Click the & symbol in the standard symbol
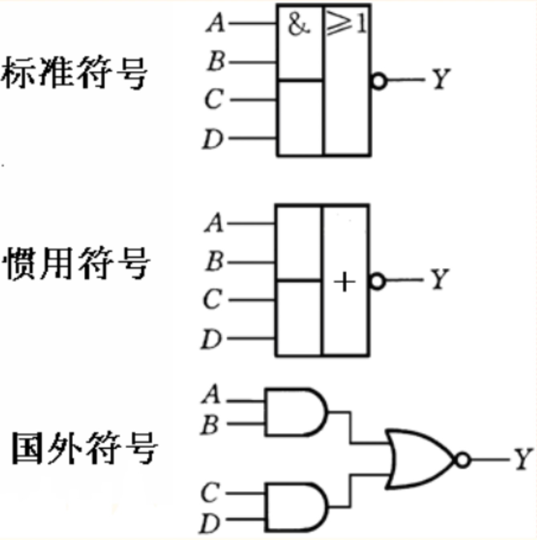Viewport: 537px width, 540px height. click(299, 25)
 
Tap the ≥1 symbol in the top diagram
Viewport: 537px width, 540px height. click(347, 23)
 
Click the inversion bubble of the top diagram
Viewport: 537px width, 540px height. click(378, 81)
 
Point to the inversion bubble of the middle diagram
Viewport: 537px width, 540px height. click(377, 281)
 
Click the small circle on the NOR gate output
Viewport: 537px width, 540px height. click(463, 459)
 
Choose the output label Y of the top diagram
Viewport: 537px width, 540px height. click(441, 79)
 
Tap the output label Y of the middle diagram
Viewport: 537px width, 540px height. click(439, 279)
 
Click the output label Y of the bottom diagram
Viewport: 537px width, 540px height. click(523, 458)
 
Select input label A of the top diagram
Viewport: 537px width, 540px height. click(216, 22)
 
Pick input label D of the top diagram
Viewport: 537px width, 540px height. click(212, 139)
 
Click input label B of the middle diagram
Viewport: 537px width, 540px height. click(214, 261)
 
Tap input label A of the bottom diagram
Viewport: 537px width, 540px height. click(211, 395)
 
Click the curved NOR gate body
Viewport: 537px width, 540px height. click(419, 459)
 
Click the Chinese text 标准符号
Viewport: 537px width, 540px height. click(74, 72)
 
